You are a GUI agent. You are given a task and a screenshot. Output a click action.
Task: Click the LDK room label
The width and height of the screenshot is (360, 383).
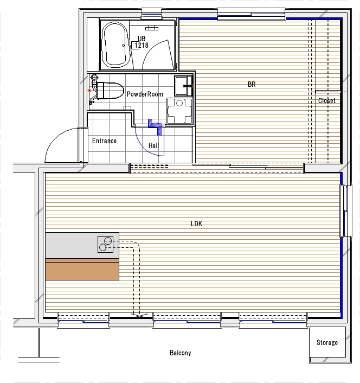[196, 224]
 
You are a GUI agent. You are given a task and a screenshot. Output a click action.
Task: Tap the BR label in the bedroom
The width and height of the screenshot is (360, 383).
[252, 84]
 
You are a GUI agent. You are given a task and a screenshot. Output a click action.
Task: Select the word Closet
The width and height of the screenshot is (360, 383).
[326, 101]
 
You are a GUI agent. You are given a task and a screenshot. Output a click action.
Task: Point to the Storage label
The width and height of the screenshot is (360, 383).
[327, 343]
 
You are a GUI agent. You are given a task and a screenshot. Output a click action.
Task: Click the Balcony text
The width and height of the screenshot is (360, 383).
[181, 353]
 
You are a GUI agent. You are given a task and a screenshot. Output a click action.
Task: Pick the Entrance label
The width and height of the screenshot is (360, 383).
[104, 141]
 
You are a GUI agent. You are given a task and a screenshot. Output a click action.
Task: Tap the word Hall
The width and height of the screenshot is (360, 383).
[153, 145]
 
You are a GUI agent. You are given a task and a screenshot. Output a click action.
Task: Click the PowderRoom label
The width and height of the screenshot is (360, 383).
[145, 94]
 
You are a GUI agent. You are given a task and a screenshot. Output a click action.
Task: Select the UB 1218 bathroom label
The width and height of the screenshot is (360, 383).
[142, 42]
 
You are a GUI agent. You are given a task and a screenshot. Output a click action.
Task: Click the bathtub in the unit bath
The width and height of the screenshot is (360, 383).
[115, 44]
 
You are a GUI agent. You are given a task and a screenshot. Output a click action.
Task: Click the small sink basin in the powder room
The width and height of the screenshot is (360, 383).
[181, 86]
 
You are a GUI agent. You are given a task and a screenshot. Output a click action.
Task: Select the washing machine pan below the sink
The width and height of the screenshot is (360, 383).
[179, 111]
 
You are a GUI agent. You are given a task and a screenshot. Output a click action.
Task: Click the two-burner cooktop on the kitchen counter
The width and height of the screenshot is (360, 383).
[105, 244]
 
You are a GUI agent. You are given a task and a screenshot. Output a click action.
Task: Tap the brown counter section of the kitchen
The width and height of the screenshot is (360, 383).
[82, 270]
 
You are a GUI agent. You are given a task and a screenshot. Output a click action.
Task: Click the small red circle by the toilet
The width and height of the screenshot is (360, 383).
[89, 91]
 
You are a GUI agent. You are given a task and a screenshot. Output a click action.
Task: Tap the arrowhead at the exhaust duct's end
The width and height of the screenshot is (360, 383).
[139, 315]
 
